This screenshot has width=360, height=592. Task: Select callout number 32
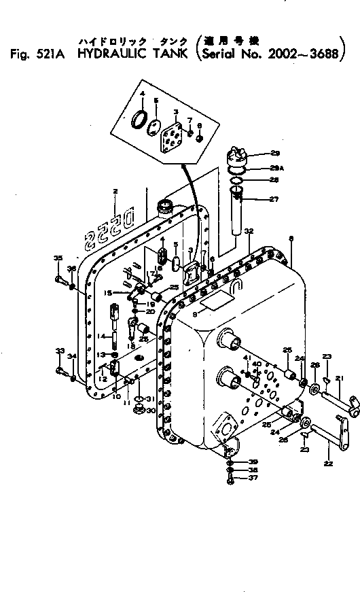(x=249, y=232)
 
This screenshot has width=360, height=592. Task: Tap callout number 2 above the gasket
(x=115, y=192)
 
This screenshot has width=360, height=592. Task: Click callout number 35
(x=58, y=258)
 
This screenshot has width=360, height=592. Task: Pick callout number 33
(x=59, y=351)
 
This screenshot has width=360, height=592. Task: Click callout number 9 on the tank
(x=194, y=315)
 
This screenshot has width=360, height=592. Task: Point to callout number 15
(x=107, y=292)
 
